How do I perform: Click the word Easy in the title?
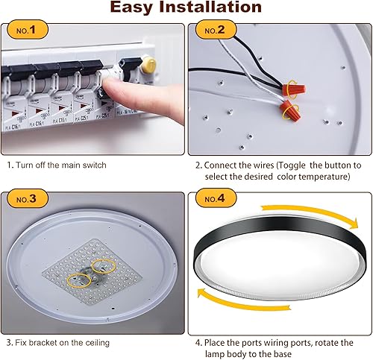(x=135, y=9)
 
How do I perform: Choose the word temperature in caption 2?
(x=322, y=177)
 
